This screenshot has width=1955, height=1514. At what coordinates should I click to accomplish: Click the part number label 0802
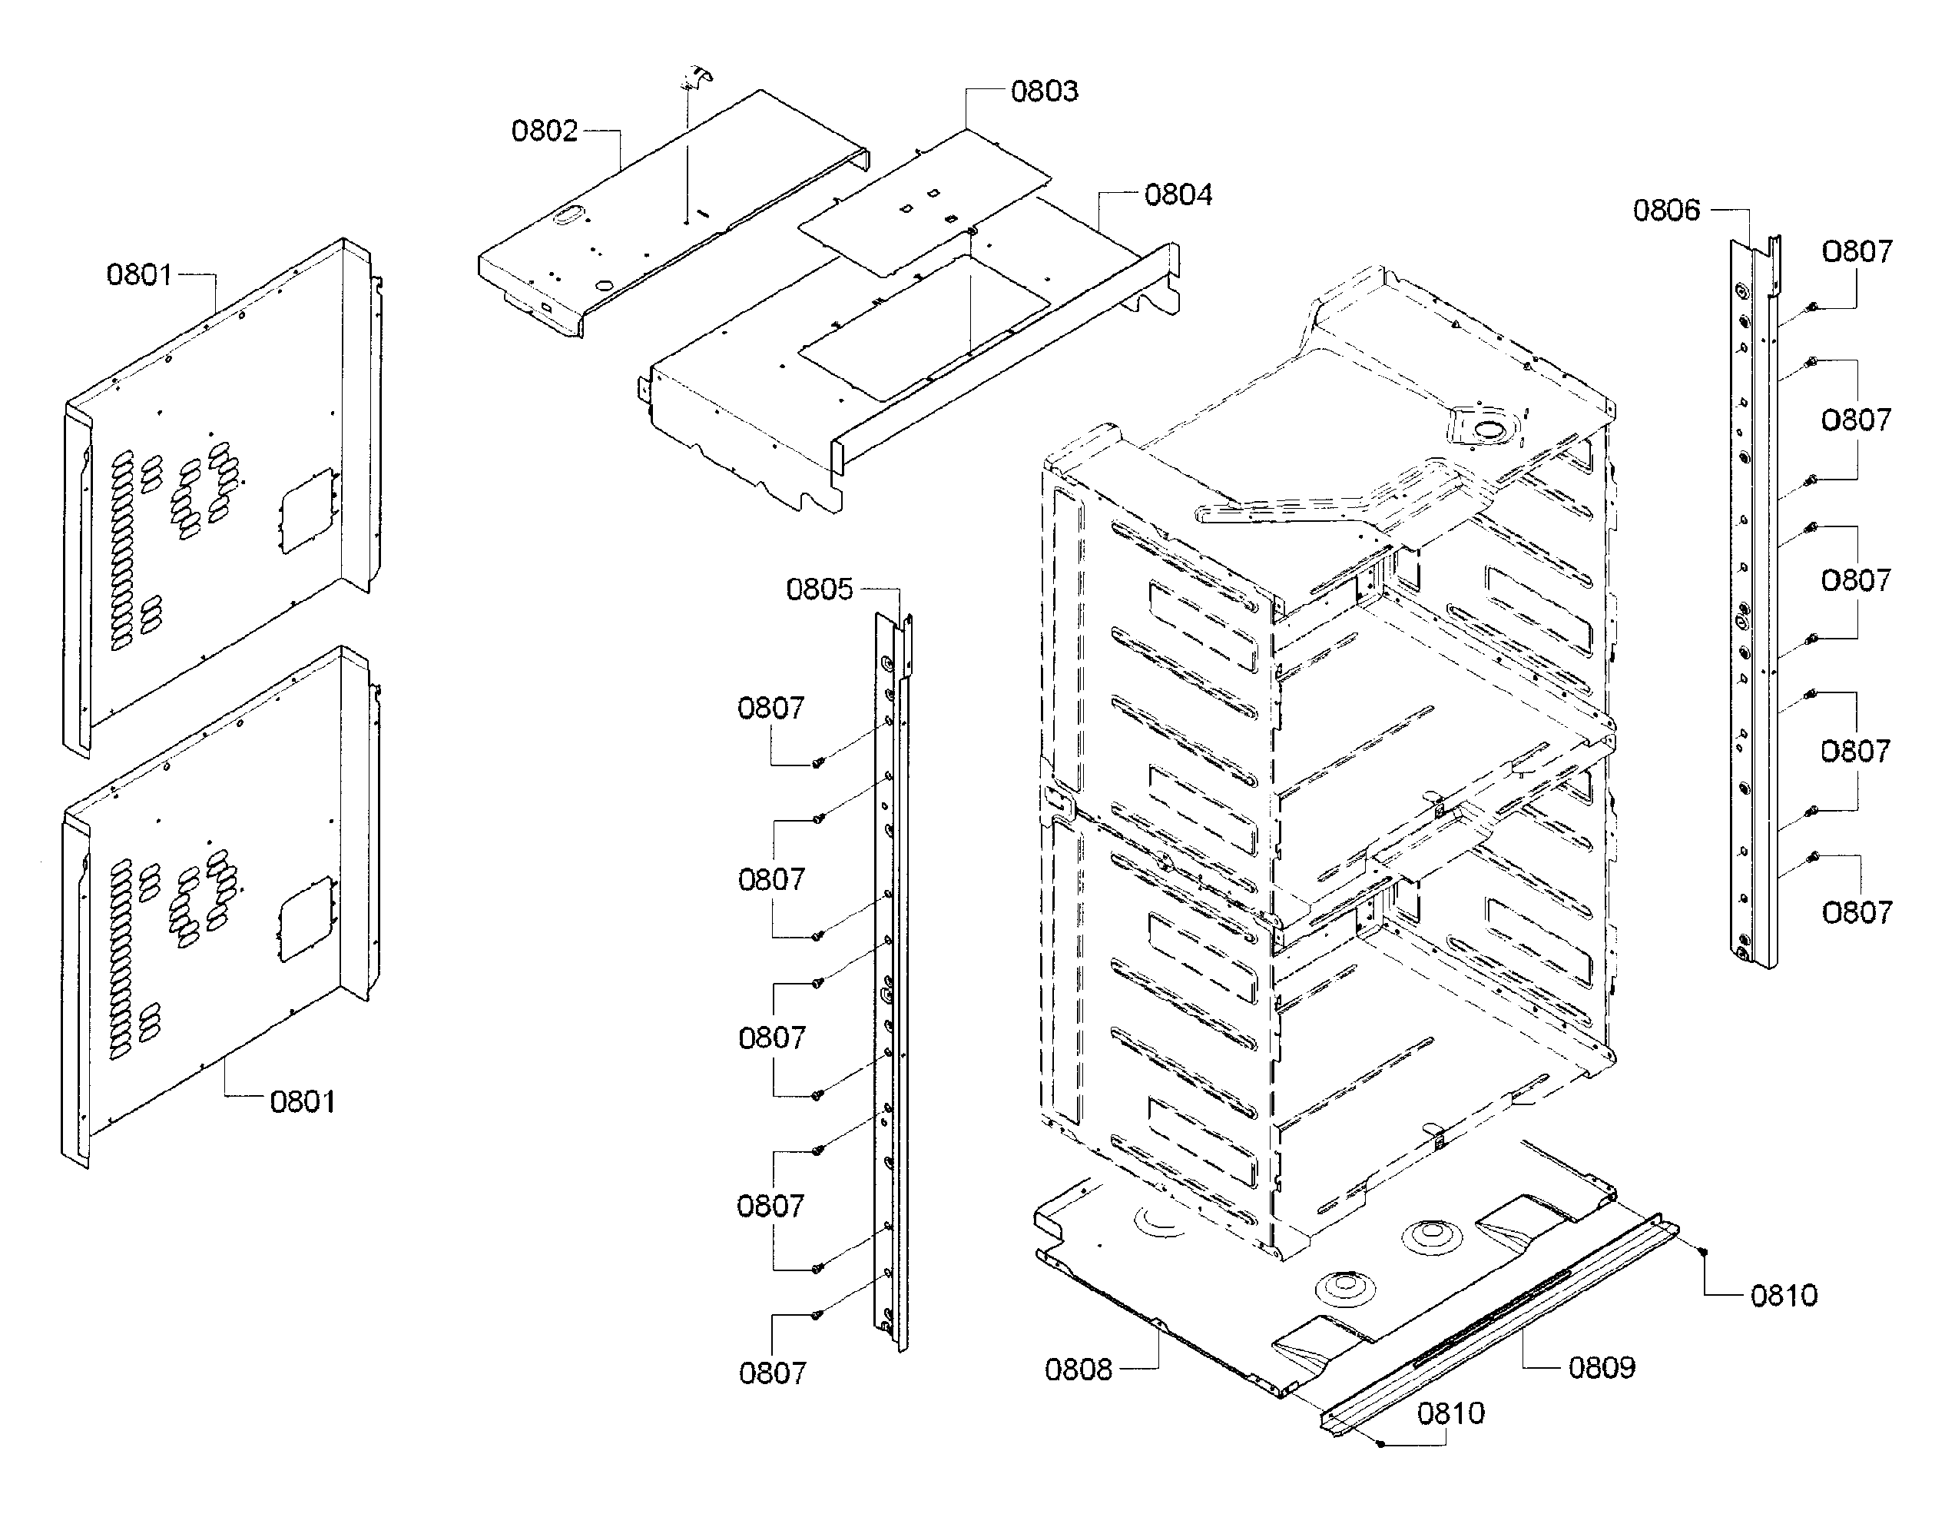click(544, 131)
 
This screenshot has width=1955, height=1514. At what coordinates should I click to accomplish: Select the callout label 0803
click(1044, 91)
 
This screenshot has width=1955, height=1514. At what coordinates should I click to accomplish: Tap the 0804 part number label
click(1178, 195)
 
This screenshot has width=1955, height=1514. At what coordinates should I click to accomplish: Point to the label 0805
click(819, 589)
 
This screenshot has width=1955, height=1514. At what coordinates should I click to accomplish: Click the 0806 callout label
click(1666, 211)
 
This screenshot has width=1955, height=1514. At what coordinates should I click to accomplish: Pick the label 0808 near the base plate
click(1078, 1369)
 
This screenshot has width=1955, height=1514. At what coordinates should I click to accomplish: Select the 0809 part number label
click(1602, 1367)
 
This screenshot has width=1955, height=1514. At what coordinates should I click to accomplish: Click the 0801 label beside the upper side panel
click(139, 275)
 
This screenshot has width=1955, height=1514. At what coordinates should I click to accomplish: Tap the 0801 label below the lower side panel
click(303, 1101)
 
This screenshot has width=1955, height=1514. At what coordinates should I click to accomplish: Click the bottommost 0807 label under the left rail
click(771, 1373)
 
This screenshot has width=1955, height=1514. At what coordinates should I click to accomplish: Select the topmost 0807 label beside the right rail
click(1857, 251)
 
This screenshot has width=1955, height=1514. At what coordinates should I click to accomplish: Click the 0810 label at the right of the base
click(1783, 1296)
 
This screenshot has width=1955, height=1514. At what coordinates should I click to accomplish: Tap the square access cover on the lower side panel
click(308, 918)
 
